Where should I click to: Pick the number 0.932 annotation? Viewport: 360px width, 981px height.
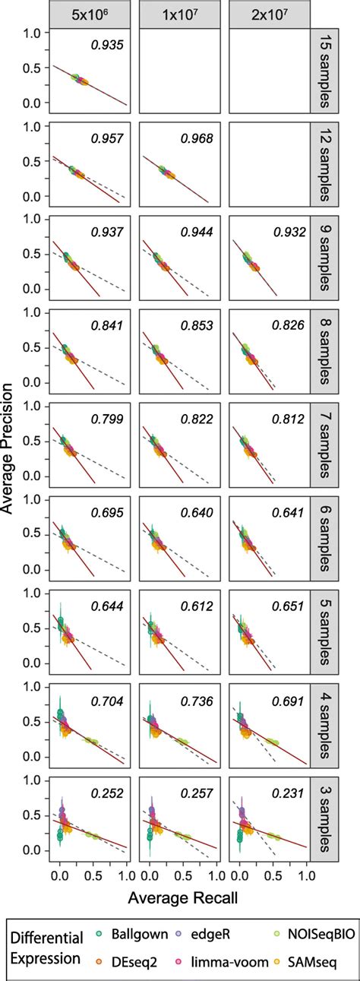click(x=286, y=230)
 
